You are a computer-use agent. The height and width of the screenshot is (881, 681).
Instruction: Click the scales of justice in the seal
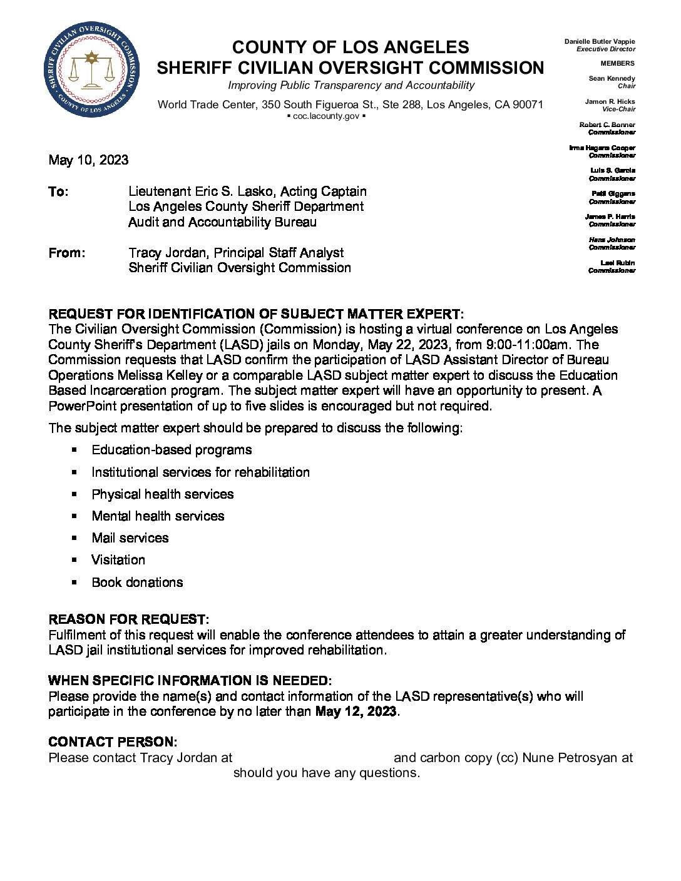92,70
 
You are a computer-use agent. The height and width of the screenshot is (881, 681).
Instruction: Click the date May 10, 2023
88,160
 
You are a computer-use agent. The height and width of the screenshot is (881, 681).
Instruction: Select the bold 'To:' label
58,191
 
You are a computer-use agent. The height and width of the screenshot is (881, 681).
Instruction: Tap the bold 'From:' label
66,253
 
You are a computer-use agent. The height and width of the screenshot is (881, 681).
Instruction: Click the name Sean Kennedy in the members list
612,78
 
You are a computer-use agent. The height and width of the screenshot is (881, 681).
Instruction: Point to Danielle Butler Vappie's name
599,41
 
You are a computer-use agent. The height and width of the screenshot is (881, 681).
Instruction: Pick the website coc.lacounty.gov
326,116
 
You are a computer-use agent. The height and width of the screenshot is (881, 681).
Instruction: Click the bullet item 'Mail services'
130,538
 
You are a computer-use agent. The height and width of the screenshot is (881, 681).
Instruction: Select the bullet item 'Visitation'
118,560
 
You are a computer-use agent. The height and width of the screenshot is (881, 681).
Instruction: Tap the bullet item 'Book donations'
137,583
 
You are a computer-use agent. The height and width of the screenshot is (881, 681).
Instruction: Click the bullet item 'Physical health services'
162,494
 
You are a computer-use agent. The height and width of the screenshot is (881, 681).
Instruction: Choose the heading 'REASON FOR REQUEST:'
128,619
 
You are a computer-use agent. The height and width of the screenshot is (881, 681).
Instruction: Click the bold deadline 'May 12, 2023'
356,711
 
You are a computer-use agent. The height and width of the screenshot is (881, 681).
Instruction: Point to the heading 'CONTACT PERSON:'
113,742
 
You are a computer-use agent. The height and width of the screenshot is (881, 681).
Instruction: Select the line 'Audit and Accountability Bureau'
222,222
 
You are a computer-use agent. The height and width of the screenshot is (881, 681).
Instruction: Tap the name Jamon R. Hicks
610,101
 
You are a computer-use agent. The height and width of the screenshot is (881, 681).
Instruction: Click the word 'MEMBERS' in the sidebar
617,63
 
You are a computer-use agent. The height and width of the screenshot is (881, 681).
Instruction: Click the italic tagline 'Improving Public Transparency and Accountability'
351,85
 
